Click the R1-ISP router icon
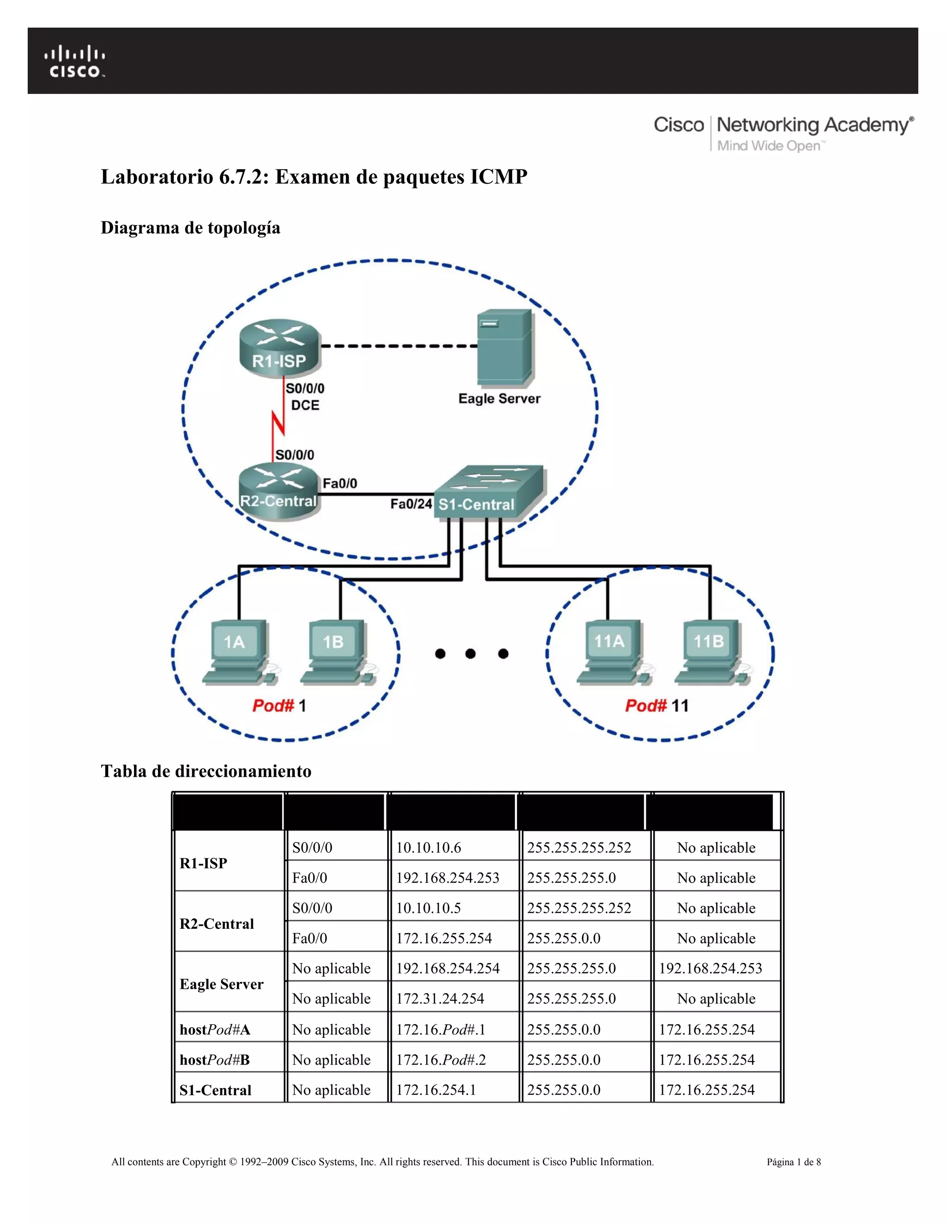(279, 347)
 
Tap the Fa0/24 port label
(411, 504)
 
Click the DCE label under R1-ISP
(305, 405)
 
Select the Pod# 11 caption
(656, 706)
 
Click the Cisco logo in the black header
(74, 61)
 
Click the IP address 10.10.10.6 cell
(429, 848)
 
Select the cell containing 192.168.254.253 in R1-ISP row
(447, 878)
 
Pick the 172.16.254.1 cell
(436, 1090)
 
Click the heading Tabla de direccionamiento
(206, 771)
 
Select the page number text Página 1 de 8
(794, 1162)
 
